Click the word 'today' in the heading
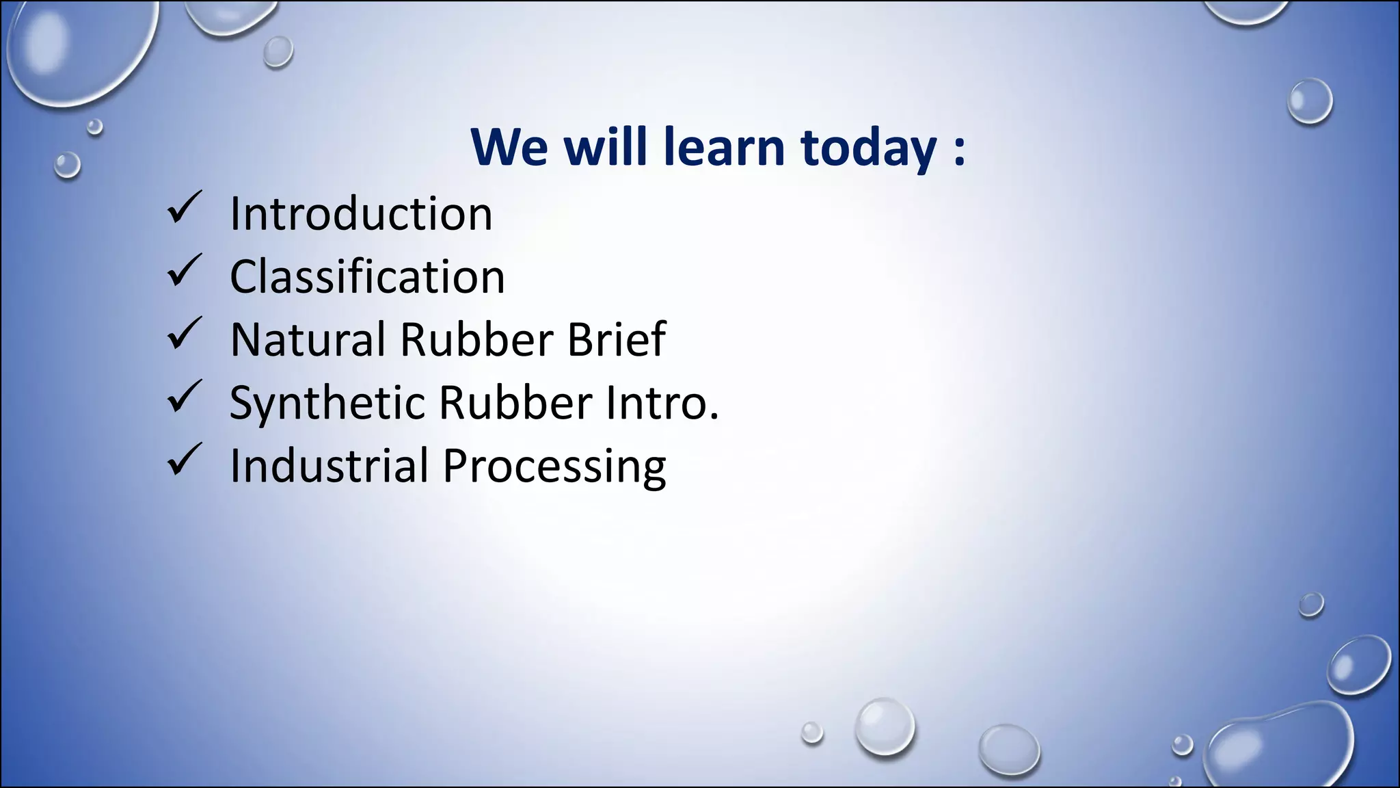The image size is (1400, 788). [x=868, y=148]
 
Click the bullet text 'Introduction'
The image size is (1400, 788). [x=361, y=214]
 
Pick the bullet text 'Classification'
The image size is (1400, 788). [x=367, y=277]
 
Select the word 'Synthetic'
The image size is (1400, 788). [x=327, y=404]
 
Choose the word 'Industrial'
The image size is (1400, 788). [x=329, y=466]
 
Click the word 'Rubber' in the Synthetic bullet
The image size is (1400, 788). [x=515, y=402]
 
